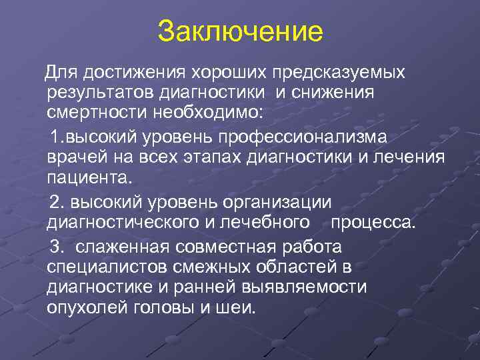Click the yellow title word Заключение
click(x=240, y=31)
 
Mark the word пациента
click(x=90, y=179)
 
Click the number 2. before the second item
click(x=58, y=202)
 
